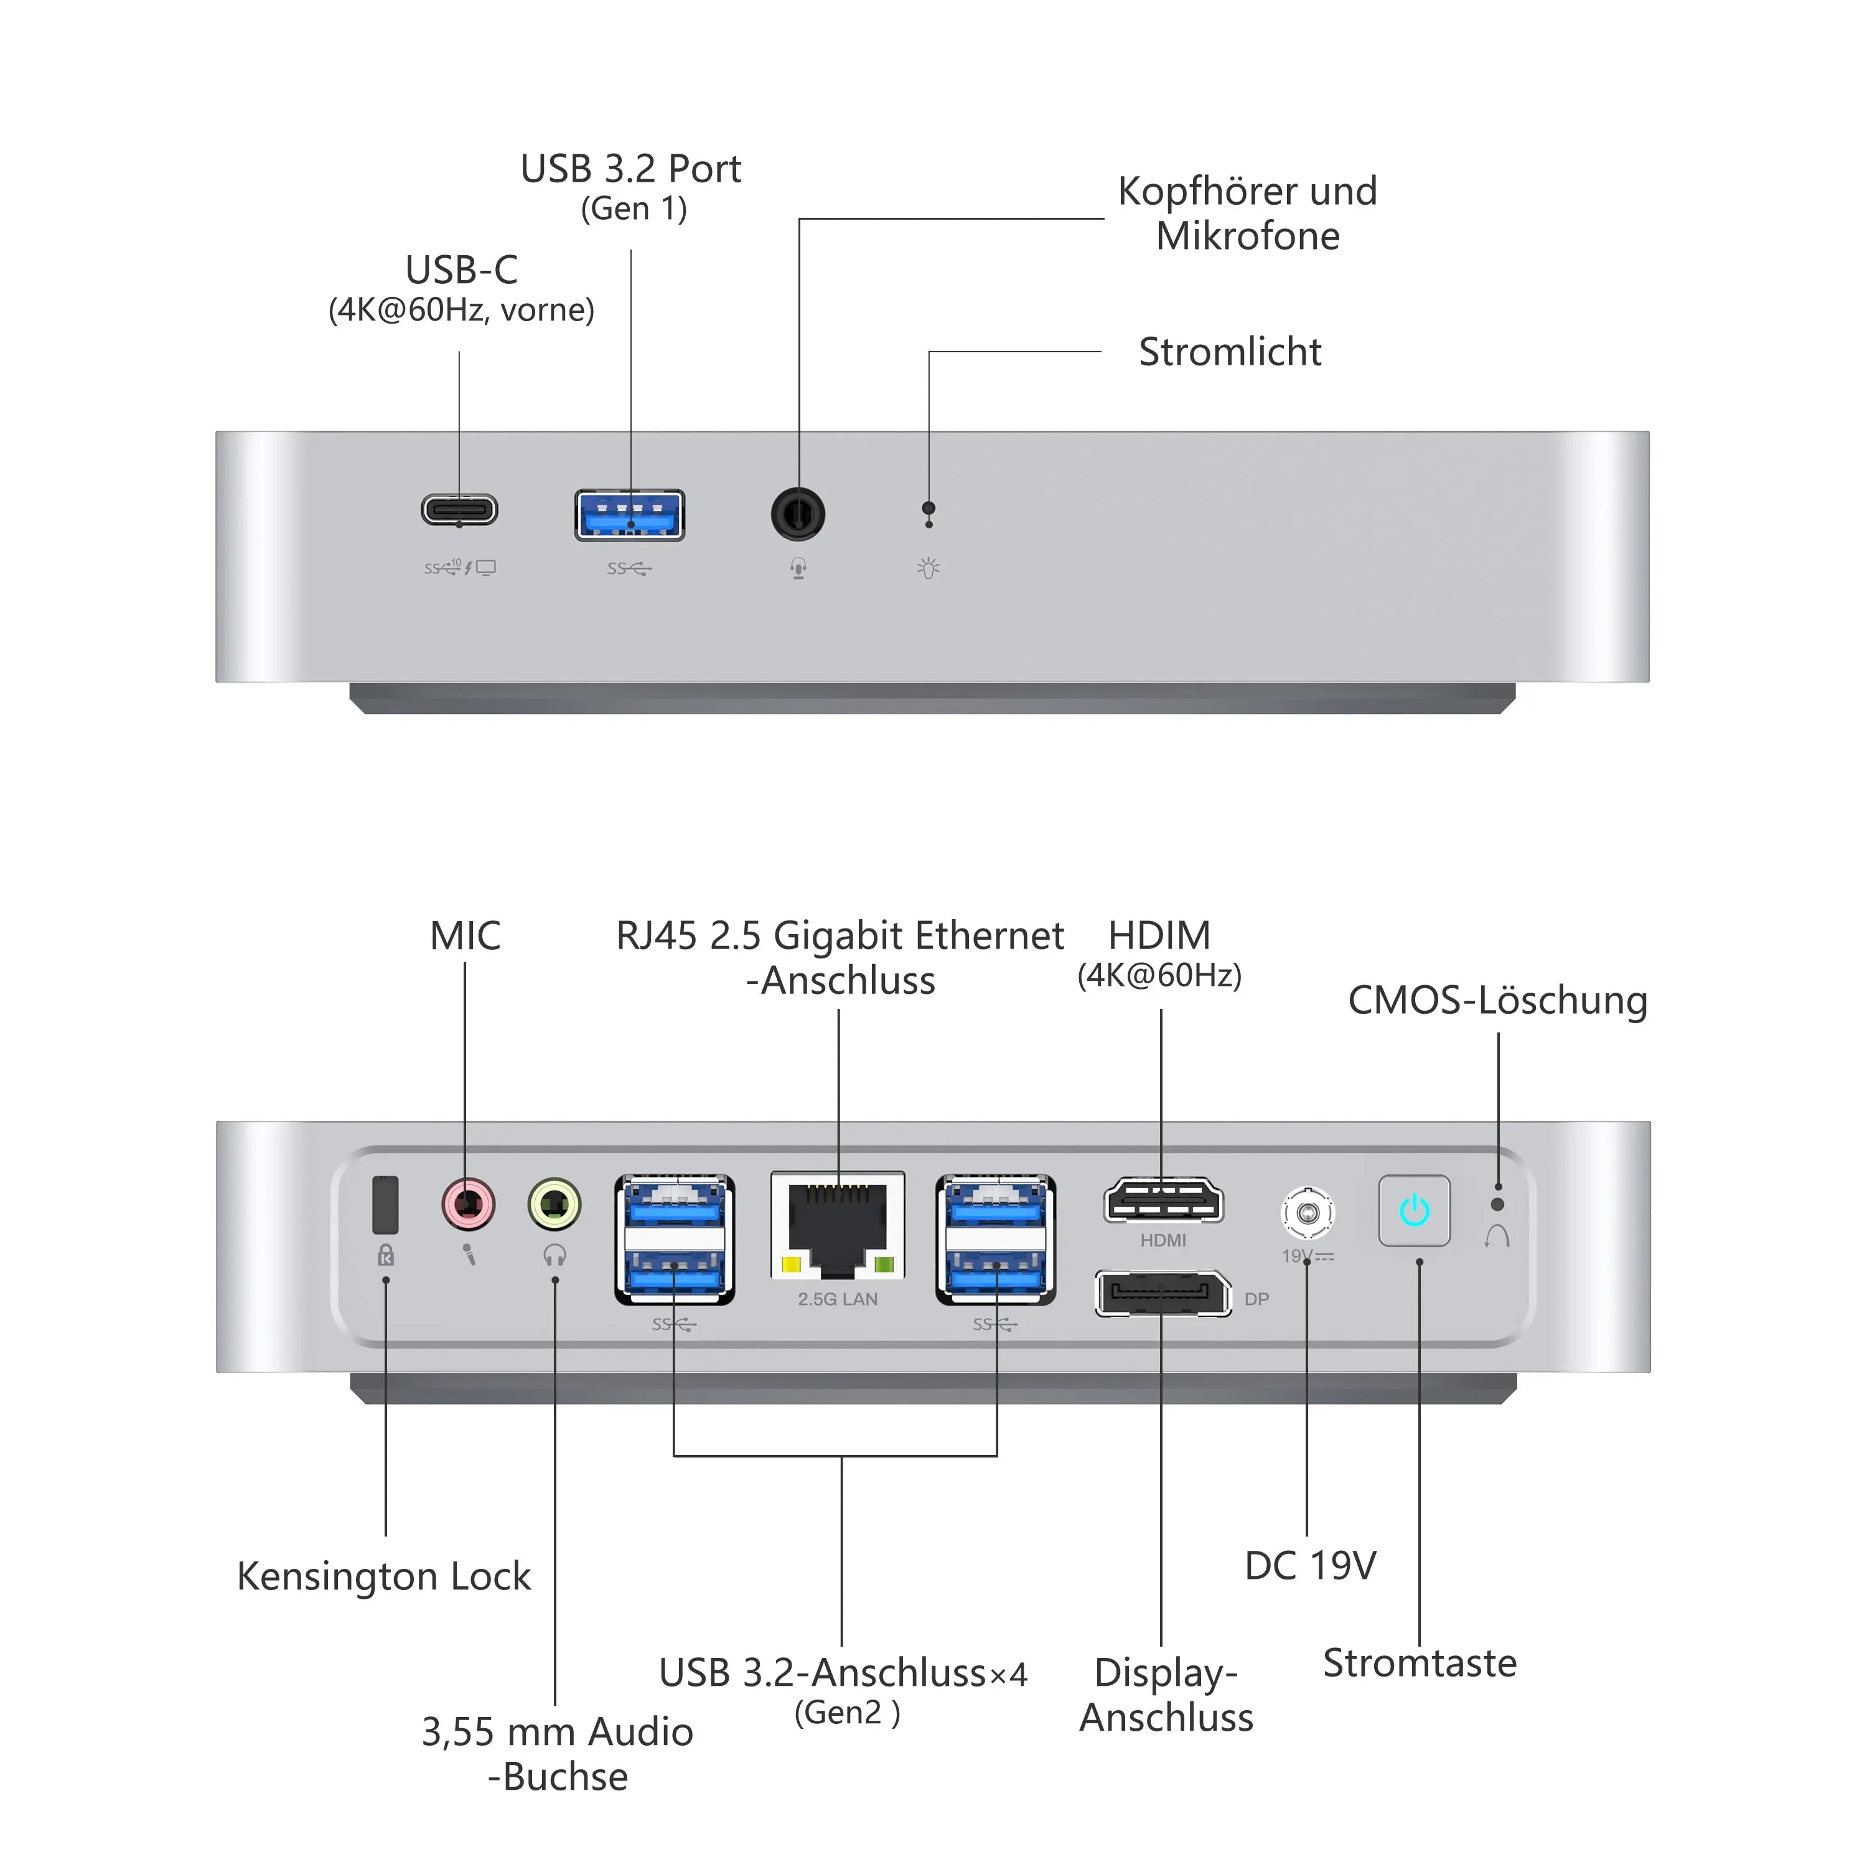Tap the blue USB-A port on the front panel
[x=629, y=515]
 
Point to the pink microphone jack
[x=468, y=1205]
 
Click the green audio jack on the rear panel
[x=554, y=1205]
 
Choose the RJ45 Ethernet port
[x=838, y=1225]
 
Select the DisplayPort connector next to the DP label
[x=1163, y=1294]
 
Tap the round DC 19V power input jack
[x=1308, y=1212]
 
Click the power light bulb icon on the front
[x=929, y=568]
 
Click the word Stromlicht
[x=1229, y=352]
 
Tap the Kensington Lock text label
[x=383, y=1576]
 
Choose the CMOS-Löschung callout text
[x=1497, y=1000]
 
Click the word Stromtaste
[x=1420, y=1663]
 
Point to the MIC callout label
[x=465, y=935]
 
